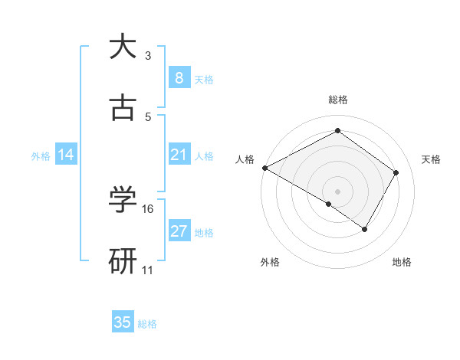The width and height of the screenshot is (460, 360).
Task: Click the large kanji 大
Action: pos(123,47)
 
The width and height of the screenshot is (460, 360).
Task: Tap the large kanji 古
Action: pos(123,108)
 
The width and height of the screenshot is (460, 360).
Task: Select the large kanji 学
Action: pos(123,200)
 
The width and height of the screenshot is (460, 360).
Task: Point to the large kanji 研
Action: pos(123,261)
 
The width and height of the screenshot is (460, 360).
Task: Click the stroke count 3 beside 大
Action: pos(148,56)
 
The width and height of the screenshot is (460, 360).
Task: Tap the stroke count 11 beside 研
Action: pos(148,270)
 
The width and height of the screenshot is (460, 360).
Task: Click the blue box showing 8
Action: pos(179,78)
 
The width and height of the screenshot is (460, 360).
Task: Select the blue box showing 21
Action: pos(179,155)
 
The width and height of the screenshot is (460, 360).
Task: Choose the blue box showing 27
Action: pos(179,231)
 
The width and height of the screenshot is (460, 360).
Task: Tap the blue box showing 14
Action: pos(66,155)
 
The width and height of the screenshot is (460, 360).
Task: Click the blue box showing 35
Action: pos(123,322)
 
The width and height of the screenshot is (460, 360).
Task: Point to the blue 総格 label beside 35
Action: pos(147,324)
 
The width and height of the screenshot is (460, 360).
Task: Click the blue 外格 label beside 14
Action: pos(41,156)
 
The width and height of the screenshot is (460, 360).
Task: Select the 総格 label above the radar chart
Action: pos(338,100)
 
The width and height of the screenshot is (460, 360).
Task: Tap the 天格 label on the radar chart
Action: pos(432,159)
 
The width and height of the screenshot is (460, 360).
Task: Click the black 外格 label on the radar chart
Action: pos(269,263)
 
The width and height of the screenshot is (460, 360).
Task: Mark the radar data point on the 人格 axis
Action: pos(264,167)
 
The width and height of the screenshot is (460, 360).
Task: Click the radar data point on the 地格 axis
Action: pos(365,229)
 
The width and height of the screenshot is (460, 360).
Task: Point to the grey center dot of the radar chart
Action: pos(337,191)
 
